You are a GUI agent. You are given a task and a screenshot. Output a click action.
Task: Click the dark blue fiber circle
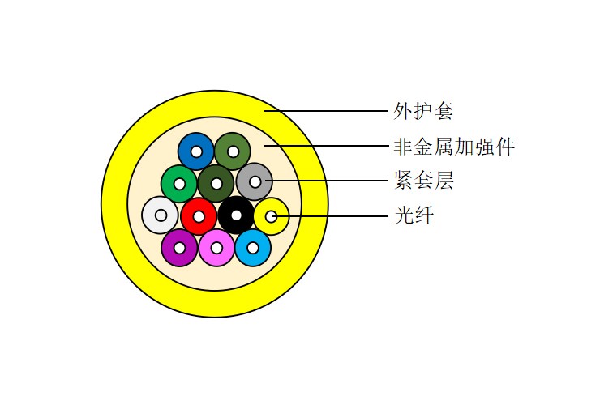(x=196, y=151)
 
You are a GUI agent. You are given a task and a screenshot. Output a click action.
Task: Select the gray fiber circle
(x=254, y=181)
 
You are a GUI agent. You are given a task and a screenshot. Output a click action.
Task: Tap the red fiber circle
(x=199, y=216)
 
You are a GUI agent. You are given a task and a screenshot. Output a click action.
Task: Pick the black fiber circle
(x=236, y=215)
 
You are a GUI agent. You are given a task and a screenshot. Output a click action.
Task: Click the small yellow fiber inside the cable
(x=272, y=216)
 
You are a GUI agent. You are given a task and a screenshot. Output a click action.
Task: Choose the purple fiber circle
(x=179, y=248)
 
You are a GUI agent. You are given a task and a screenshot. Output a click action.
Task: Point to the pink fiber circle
(x=216, y=248)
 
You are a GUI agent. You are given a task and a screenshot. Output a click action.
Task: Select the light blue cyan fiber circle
(x=253, y=248)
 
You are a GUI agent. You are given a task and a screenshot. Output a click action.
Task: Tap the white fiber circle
(x=160, y=215)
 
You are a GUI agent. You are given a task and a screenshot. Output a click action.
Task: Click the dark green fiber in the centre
(x=216, y=184)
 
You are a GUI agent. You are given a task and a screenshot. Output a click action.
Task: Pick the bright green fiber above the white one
(x=178, y=184)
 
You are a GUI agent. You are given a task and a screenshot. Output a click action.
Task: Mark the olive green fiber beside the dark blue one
(x=233, y=151)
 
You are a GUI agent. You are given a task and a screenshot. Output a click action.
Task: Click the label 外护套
(x=423, y=111)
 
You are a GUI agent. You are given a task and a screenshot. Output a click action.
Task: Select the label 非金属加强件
(x=454, y=147)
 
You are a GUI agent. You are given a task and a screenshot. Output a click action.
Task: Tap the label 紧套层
(x=423, y=181)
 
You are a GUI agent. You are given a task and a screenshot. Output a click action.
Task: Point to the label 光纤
(x=414, y=215)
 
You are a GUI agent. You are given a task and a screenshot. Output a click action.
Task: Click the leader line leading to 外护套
(x=327, y=111)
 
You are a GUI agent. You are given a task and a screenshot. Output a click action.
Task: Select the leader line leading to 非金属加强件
(x=327, y=146)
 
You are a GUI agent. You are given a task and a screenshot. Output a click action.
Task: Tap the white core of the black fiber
(x=236, y=215)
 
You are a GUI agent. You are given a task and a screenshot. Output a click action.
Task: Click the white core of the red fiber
(x=199, y=217)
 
